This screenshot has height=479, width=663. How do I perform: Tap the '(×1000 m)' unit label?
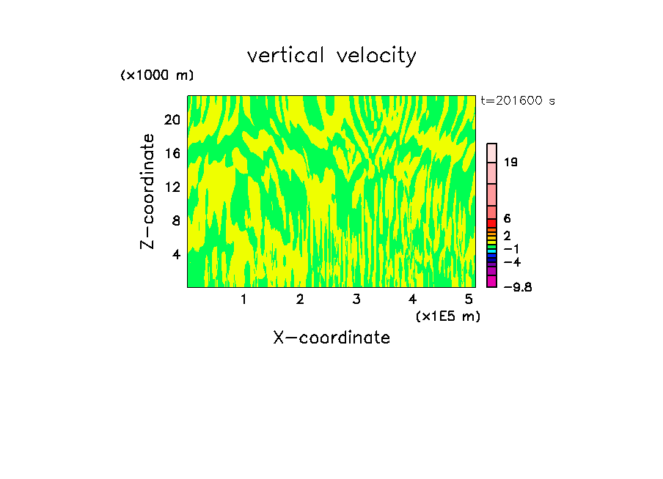157,75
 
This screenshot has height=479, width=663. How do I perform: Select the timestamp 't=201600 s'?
517,101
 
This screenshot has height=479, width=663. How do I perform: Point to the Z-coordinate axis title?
148,190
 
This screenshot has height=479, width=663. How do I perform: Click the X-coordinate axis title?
331,338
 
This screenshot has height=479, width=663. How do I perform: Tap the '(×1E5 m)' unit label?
447,316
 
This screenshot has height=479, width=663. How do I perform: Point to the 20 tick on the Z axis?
172,120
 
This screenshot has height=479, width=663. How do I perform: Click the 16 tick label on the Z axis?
172,154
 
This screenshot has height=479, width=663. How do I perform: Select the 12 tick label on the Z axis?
172,187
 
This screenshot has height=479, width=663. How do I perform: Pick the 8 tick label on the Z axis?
175,221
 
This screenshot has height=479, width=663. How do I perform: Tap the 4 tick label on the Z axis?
175,255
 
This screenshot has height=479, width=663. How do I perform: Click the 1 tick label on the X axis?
243,300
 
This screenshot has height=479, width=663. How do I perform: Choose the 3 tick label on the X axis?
356,300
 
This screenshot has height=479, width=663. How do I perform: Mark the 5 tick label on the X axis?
469,300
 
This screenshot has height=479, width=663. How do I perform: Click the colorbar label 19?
511,162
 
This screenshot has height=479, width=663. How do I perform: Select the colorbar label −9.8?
518,287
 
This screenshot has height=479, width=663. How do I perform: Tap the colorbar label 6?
507,219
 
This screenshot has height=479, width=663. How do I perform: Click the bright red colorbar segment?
492,223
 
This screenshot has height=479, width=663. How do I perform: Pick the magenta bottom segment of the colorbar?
492,281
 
